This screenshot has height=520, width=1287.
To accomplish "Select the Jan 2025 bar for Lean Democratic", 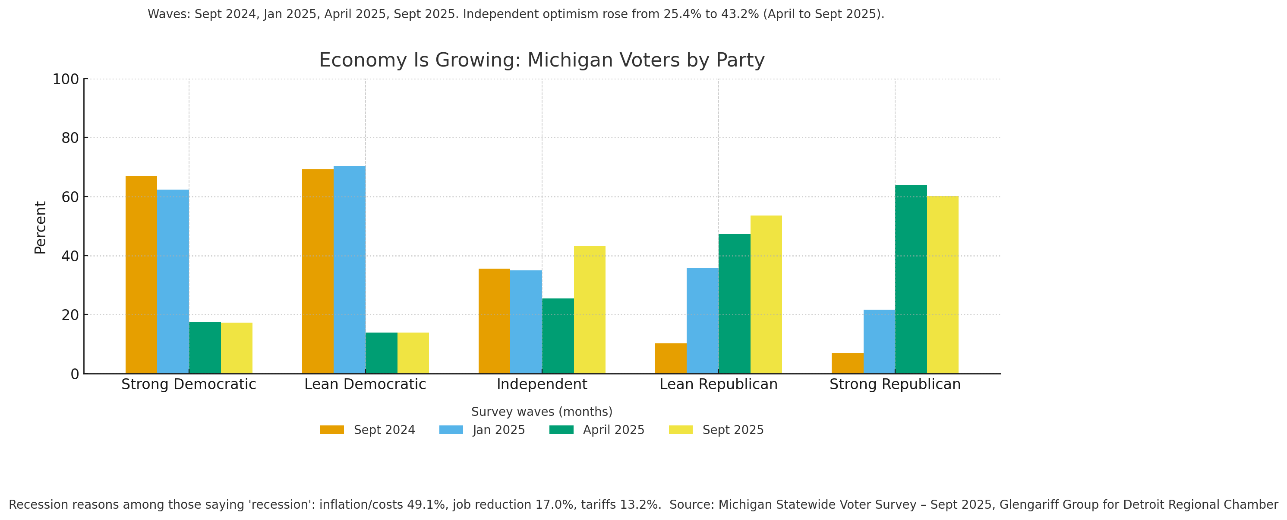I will click(x=349, y=270).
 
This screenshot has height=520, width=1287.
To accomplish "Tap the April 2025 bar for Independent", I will click(x=558, y=336).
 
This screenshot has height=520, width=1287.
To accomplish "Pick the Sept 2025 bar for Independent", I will click(x=590, y=310).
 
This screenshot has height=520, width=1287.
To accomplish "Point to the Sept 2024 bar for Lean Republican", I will click(x=671, y=358).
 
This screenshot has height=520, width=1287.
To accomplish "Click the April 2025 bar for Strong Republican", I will click(x=911, y=279).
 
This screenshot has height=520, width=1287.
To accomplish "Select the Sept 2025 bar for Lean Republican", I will click(x=766, y=295).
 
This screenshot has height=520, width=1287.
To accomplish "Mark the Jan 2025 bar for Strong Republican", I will click(x=879, y=342).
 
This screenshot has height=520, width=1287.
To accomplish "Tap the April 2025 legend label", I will click(x=614, y=430).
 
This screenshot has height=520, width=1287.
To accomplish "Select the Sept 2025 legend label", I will click(x=733, y=430).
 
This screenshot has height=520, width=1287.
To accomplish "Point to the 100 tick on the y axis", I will click(x=66, y=79).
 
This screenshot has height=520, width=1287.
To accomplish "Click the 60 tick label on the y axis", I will click(x=70, y=197).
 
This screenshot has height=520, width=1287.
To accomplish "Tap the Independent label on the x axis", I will click(x=542, y=384).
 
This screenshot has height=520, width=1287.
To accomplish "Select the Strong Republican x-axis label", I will click(x=895, y=384).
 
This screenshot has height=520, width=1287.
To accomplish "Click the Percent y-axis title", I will click(x=40, y=228).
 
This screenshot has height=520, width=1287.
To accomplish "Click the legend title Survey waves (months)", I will click(x=542, y=412).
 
